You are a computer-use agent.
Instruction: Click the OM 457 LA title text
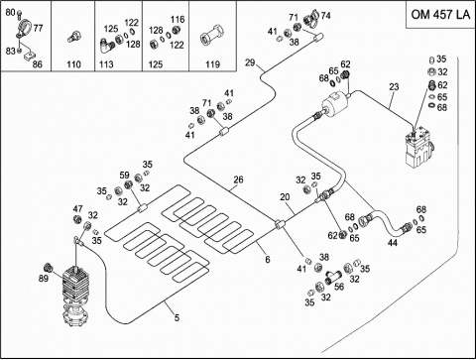440,15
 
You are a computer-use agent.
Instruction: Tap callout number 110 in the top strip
73,64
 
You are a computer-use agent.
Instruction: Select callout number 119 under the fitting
212,64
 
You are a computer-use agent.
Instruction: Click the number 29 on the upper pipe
250,62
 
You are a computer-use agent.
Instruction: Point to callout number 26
238,180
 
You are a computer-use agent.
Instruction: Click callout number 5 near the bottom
177,317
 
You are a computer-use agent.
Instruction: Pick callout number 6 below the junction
268,260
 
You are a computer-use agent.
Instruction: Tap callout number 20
285,197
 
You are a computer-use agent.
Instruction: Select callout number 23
394,87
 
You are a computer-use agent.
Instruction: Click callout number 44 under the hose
393,243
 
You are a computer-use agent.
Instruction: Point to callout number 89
44,279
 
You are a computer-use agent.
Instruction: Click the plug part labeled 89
49,267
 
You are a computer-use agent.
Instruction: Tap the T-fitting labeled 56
334,277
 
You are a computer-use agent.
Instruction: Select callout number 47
77,209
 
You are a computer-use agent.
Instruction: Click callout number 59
124,176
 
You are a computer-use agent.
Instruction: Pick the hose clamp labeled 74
310,18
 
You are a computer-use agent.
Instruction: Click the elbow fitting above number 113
106,46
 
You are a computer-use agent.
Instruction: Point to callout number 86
38,64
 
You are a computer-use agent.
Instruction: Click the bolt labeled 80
19,14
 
